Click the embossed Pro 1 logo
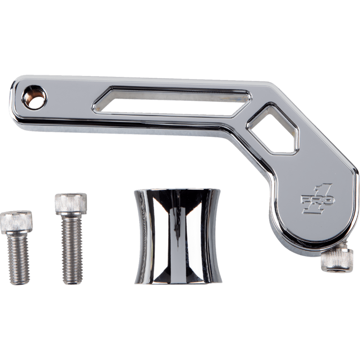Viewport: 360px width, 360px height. [317, 198]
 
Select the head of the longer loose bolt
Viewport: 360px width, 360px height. [70, 203]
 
